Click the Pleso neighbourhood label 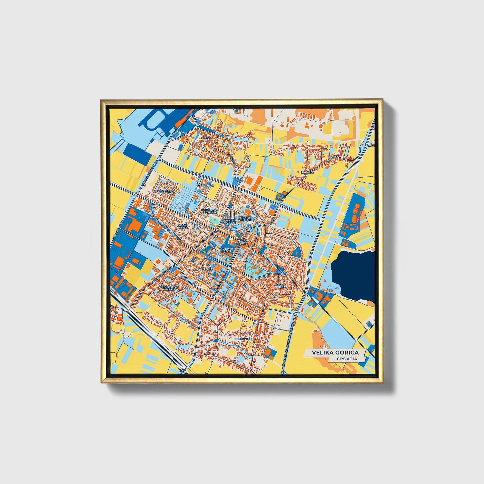[x=206, y=138]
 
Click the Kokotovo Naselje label [x=209, y=211]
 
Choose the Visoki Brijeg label [x=183, y=227]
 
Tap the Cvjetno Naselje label [x=230, y=222]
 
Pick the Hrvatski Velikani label [x=245, y=219]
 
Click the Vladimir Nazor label [x=226, y=250]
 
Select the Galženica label [x=204, y=269]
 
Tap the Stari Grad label [x=284, y=274]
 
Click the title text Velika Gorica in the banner [x=335, y=352]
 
